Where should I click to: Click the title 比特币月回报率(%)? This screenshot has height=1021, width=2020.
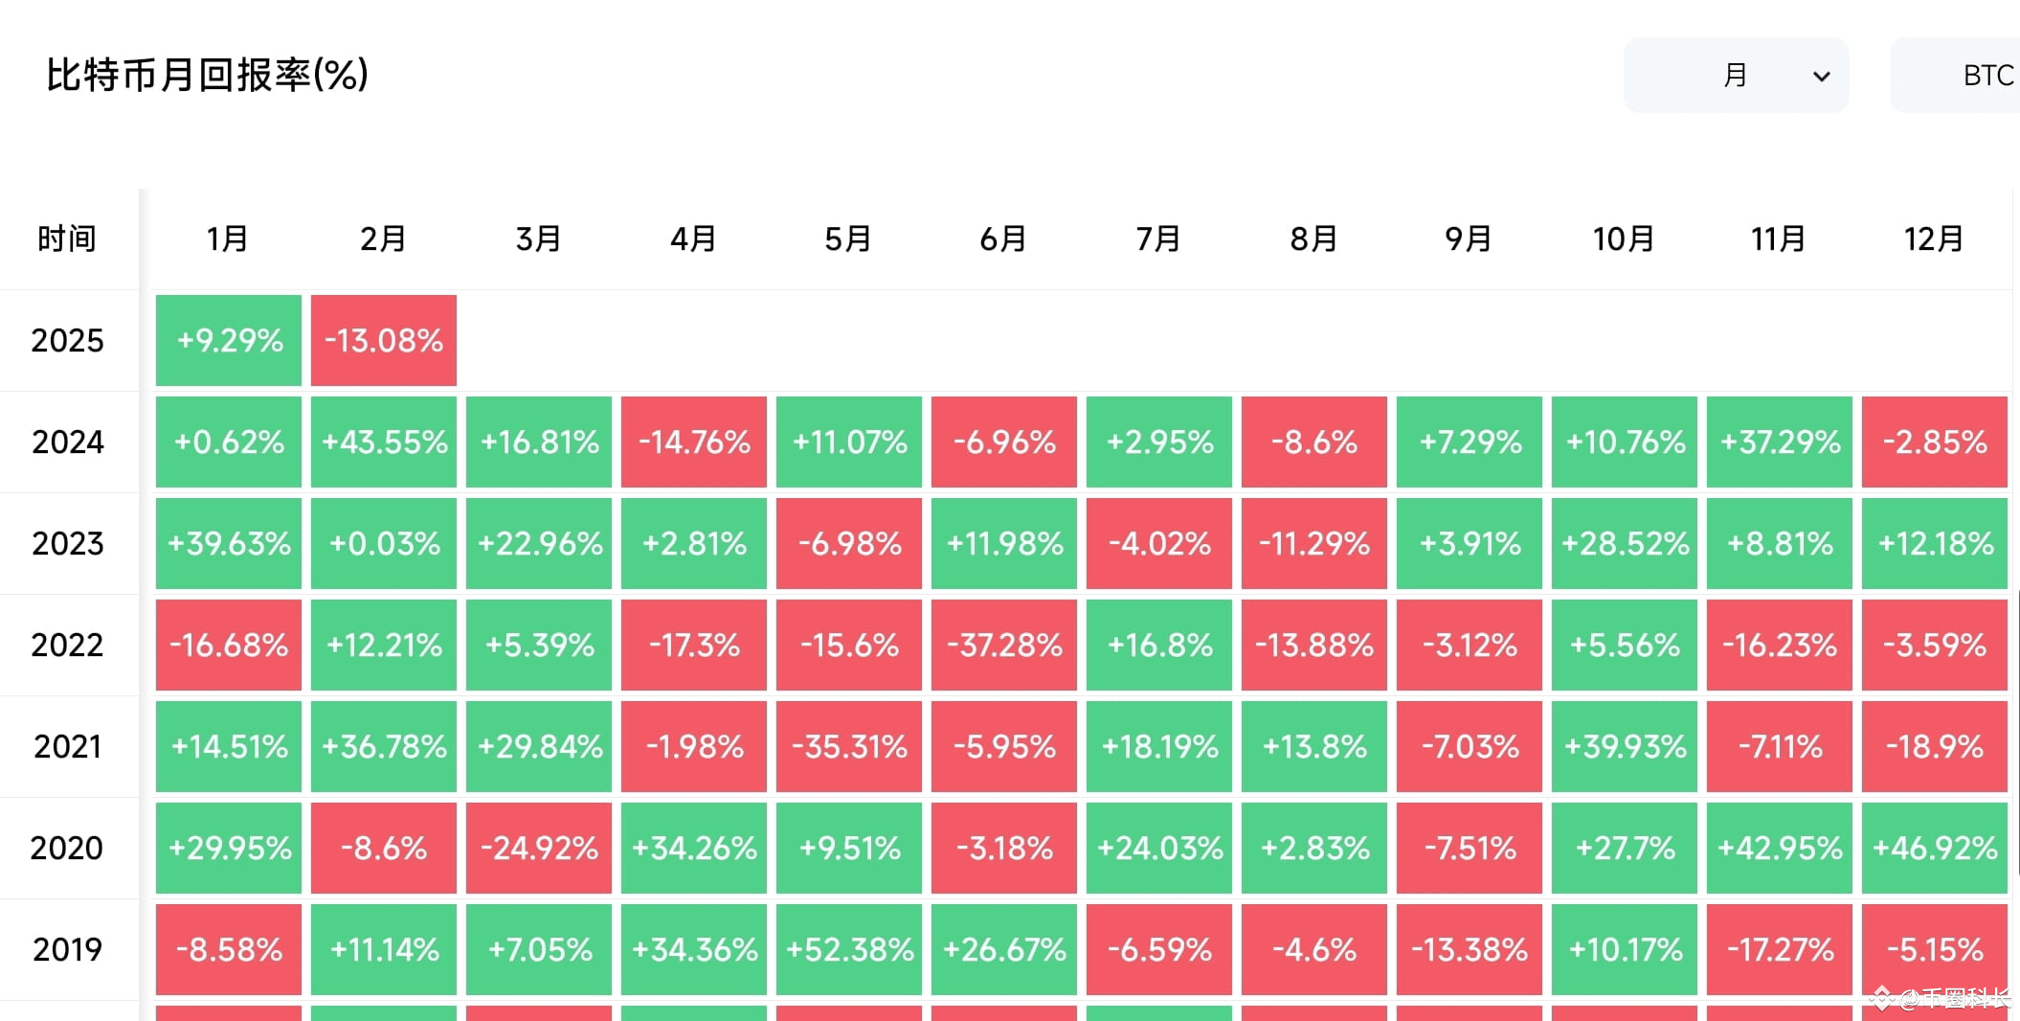point(207,75)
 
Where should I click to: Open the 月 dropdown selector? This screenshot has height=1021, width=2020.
point(1735,76)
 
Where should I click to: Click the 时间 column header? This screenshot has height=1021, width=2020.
point(67,238)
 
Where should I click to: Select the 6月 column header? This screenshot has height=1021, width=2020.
point(1003,238)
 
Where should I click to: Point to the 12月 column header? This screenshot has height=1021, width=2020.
point(1934,238)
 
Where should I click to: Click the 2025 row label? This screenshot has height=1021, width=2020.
point(67,340)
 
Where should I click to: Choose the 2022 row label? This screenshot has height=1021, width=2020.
point(67,645)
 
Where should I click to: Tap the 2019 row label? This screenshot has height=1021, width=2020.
point(67,949)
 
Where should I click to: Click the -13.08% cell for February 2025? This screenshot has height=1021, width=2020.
point(384,340)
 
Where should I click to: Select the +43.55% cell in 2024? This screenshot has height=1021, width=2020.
point(384,442)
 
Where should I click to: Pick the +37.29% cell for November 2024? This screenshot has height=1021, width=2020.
point(1780,442)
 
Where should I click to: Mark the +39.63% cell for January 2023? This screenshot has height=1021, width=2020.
point(229,543)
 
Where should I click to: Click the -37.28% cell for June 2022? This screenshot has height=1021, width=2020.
point(1004,645)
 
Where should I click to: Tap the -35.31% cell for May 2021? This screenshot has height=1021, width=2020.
point(849,746)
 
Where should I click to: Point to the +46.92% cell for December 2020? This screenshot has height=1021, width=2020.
point(1935,848)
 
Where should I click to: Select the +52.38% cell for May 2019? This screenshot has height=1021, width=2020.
point(849,949)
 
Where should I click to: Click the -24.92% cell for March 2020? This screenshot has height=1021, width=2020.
point(539,848)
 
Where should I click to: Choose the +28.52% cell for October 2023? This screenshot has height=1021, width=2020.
point(1625,543)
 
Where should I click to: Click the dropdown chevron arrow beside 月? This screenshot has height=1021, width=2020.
point(1821,77)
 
